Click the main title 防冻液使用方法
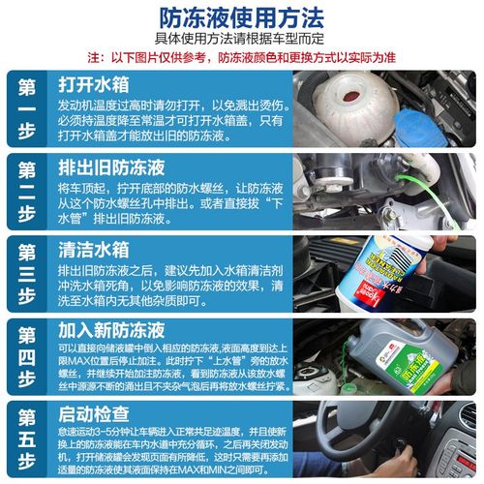[241, 16]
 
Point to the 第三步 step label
[27, 273]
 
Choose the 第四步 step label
[27, 355]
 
